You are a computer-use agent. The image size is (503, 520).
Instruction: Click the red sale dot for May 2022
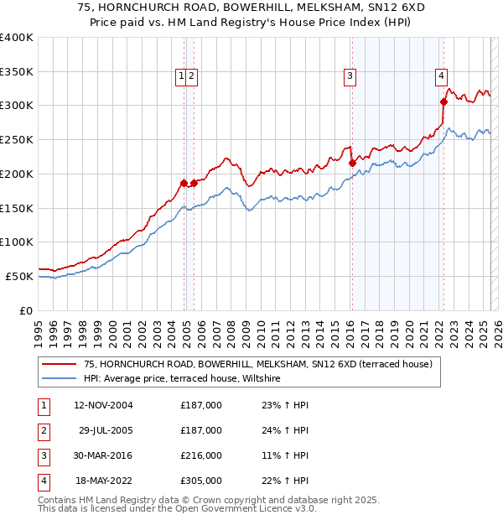pos(443,101)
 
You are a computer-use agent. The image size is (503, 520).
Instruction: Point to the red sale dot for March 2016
pos(352,163)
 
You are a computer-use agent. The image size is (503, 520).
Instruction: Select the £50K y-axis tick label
pos(20,276)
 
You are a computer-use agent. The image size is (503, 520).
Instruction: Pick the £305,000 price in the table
pos(201,481)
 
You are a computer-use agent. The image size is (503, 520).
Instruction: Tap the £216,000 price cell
pos(201,455)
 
